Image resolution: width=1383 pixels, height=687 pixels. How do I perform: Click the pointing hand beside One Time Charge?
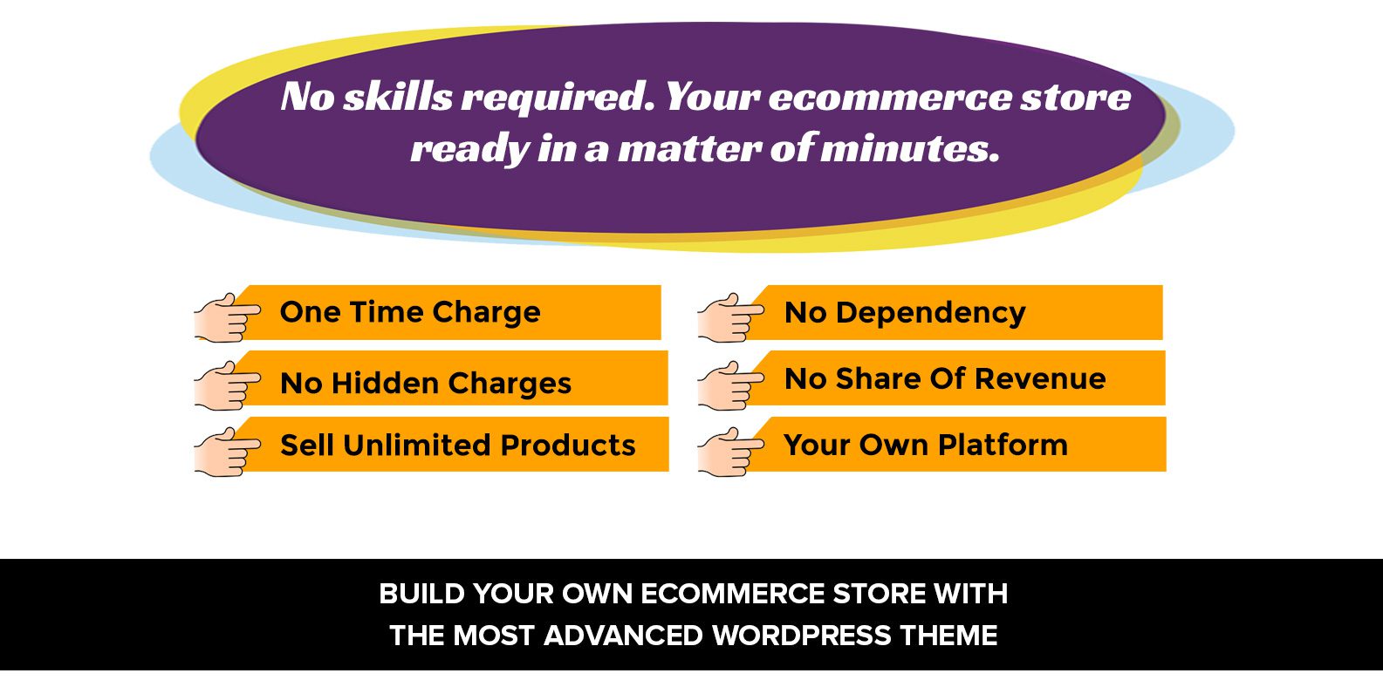(228, 317)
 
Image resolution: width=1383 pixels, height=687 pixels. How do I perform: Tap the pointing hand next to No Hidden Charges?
(228, 385)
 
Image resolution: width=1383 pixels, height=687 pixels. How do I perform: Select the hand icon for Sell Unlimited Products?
(228, 452)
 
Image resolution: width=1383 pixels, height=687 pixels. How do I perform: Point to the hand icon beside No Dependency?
(731, 317)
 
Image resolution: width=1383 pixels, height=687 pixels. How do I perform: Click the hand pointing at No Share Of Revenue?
(731, 385)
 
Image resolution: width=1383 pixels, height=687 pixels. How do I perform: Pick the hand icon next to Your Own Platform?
(731, 452)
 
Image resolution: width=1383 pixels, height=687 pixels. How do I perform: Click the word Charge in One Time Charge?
(486, 313)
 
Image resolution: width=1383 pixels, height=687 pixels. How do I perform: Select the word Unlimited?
(417, 446)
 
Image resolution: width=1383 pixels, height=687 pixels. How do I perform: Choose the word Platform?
(1003, 445)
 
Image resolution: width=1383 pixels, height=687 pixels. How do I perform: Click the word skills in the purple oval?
(398, 97)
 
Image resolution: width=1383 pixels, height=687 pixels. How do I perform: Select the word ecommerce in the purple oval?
(889, 98)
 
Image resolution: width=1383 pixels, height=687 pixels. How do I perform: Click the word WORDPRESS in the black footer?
(801, 636)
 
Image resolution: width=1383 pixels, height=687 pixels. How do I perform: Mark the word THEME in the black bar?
(948, 636)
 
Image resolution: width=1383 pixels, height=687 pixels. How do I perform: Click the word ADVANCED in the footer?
(624, 636)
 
